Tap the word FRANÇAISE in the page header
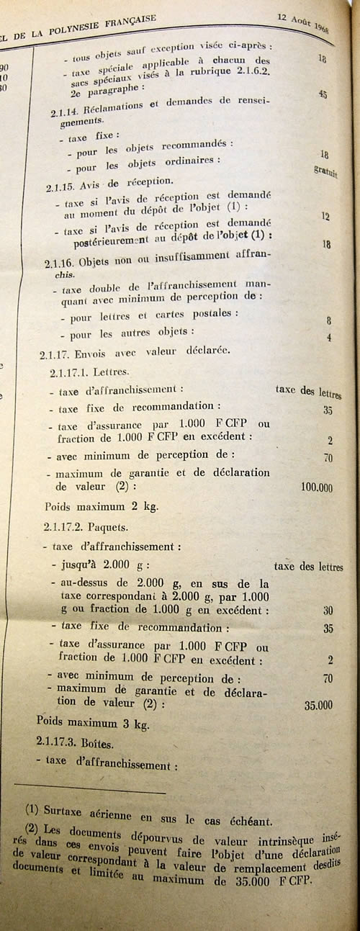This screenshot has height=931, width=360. coord(127,19)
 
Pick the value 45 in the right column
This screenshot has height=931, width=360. coord(323,94)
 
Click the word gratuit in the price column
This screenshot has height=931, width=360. coord(326,171)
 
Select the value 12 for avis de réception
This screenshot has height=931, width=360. coord(326,215)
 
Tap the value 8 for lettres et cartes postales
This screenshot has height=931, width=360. coord(328,321)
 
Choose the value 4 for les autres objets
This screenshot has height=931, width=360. coord(328,337)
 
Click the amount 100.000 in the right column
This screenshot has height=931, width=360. coord(316,487)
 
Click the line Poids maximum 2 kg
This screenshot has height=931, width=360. coord(101,505)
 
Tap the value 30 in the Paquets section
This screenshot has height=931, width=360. coord(328,610)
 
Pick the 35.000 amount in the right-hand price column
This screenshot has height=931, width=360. coord(318,706)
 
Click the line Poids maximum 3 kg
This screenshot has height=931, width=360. coord(93,724)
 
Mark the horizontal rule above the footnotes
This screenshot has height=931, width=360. coord(89,793)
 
